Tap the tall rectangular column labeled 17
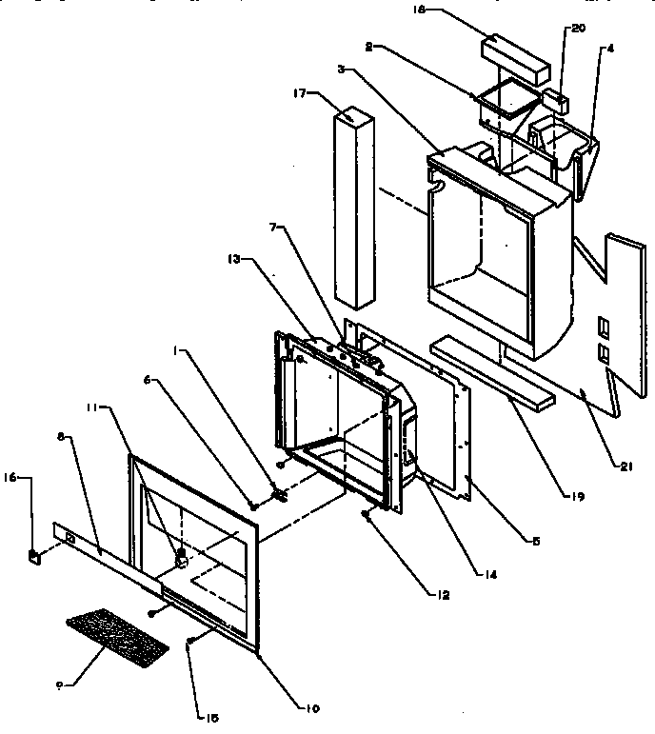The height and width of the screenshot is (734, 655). tap(352, 209)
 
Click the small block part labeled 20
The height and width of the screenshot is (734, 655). tap(555, 97)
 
